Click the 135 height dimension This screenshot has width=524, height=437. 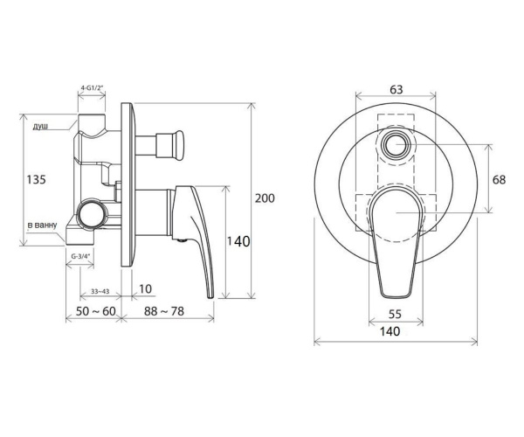36,179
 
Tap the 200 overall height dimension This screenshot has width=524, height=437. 265,198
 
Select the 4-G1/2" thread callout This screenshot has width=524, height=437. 92,87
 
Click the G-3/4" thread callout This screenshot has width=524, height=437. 81,256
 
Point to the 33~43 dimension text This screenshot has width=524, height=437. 100,291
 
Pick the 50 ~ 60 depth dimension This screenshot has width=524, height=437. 95,311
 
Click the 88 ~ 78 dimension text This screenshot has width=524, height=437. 164,311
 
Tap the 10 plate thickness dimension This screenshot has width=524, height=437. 145,288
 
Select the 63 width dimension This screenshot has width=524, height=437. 396,90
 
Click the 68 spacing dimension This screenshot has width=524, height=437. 499,179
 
